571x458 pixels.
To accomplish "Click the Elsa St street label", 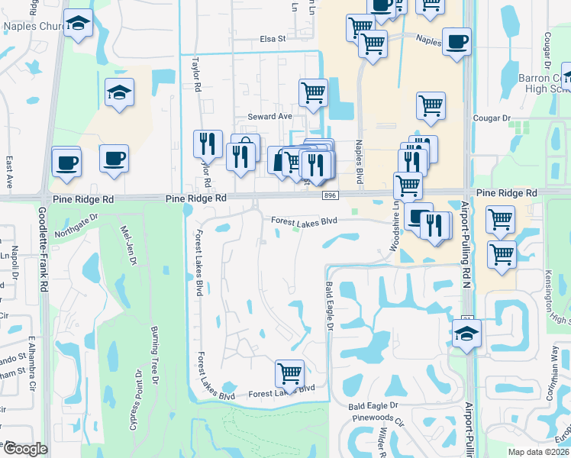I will (x=271, y=38).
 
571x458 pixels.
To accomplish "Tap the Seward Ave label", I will (x=269, y=116).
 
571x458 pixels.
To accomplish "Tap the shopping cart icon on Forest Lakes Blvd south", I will (x=289, y=373).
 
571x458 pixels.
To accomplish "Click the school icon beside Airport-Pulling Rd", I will (x=466, y=333).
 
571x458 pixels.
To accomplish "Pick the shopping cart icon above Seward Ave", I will (x=313, y=92).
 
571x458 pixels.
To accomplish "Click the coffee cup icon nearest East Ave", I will (x=66, y=162).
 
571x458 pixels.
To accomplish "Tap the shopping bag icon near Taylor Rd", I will (x=246, y=148).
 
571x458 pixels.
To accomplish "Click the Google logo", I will (x=25, y=449).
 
